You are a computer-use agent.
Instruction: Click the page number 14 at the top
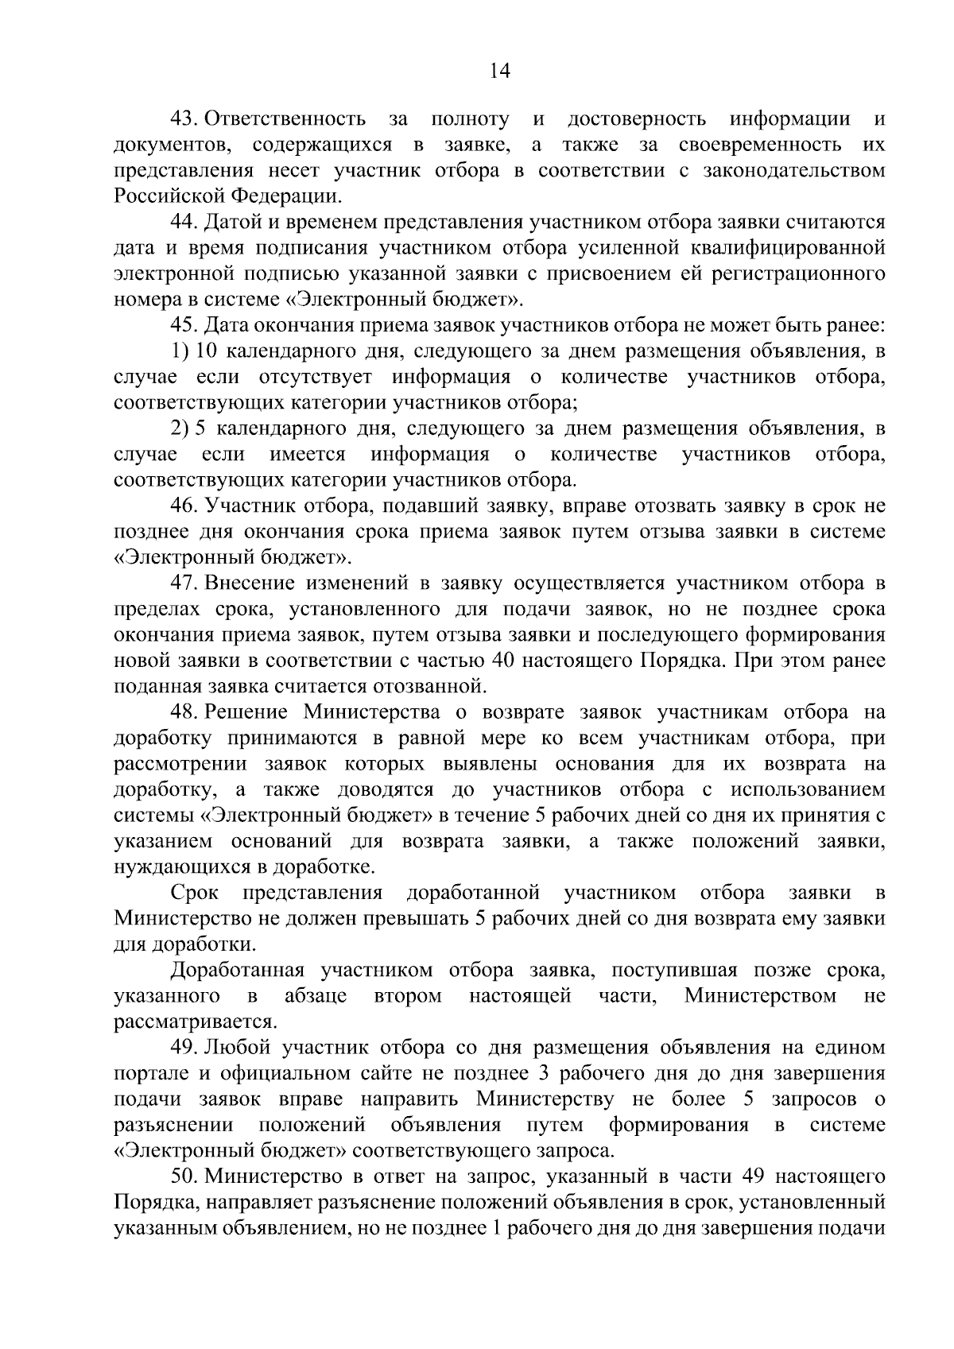point(500,71)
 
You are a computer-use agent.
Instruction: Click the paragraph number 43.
point(184,119)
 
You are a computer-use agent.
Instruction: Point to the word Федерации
point(286,196)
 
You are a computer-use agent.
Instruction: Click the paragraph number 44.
point(184,222)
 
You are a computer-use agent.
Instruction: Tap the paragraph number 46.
point(184,506)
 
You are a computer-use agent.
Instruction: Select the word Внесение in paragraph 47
point(254,583)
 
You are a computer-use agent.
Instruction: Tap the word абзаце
point(316,995)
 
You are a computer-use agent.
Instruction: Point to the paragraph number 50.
point(184,1176)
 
